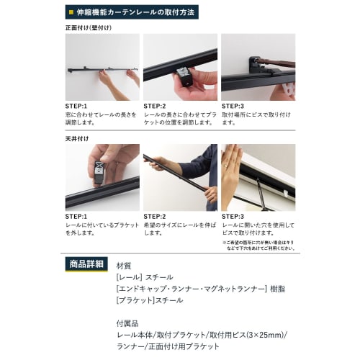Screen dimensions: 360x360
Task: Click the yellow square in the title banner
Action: [69, 12]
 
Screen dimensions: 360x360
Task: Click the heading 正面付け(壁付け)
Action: [88, 27]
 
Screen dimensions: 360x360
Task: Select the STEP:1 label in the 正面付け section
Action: [76, 106]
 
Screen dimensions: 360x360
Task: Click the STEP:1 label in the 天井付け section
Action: [76, 216]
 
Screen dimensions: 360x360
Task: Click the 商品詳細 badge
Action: [86, 263]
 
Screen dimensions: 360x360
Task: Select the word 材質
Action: [124, 265]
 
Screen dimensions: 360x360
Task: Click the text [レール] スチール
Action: [144, 276]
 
